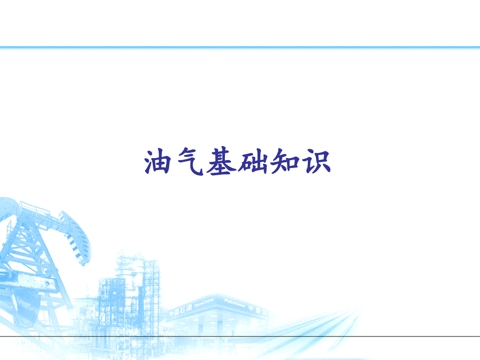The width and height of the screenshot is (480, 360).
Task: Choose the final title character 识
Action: [x=316, y=162]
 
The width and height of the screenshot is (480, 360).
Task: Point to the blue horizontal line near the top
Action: [x=240, y=47]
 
